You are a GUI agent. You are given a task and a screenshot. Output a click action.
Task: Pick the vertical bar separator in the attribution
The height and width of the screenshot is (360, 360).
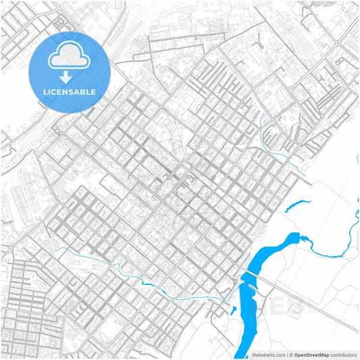tap(286, 355)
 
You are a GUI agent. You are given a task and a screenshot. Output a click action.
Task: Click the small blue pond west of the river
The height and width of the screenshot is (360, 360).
tap(233, 310)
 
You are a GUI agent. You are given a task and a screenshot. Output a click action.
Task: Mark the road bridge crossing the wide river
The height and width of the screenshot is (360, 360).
tap(247, 283)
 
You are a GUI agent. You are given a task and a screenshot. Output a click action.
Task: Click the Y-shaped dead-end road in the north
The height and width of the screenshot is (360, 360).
tap(257, 44)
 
